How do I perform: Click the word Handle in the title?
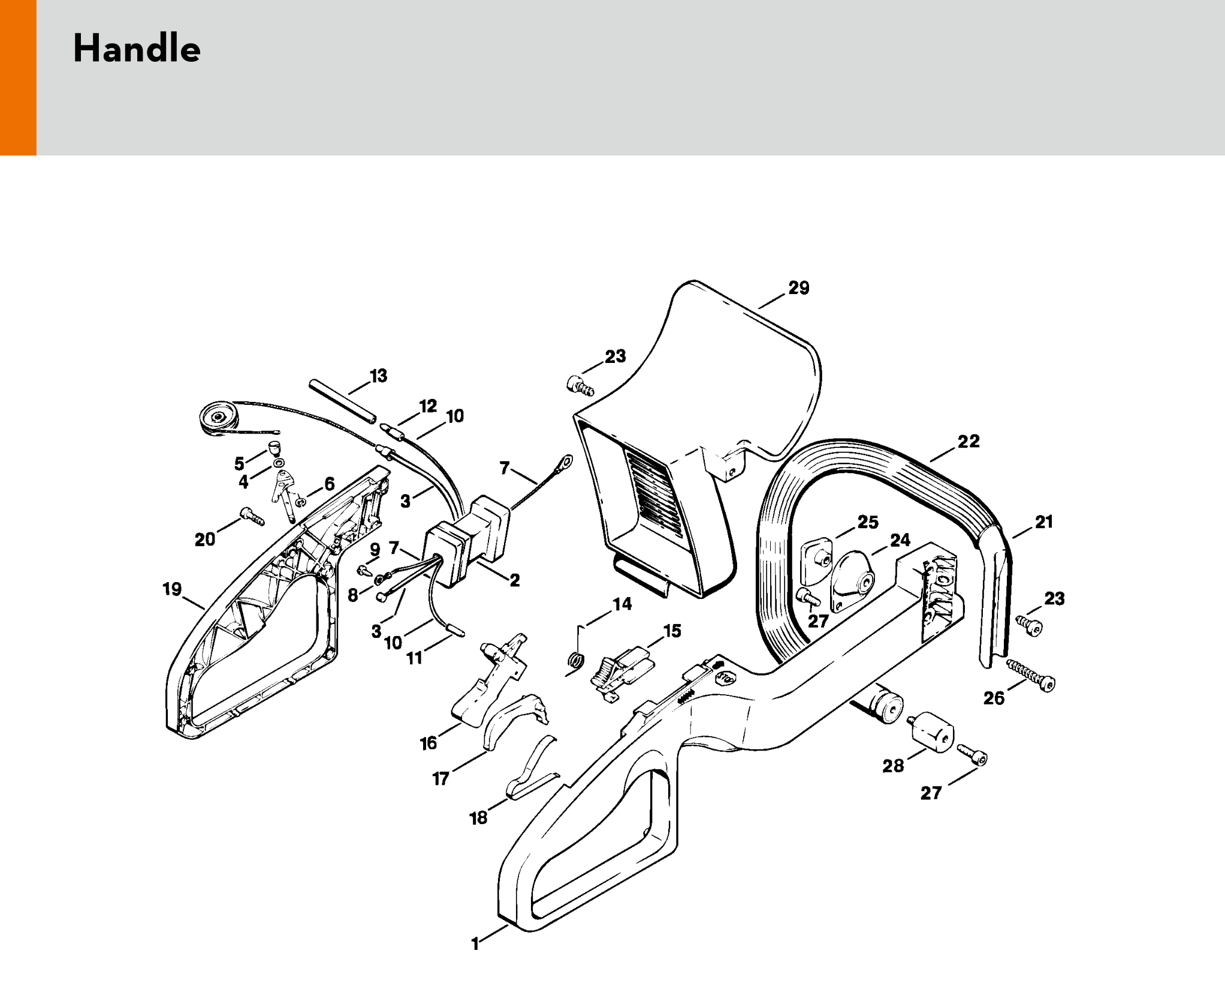[137, 49]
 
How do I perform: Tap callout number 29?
[799, 288]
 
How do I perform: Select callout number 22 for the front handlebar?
[968, 441]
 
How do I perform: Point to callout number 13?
[378, 376]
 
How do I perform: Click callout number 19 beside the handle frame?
[172, 589]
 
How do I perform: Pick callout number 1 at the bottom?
[475, 944]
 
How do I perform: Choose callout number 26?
[994, 698]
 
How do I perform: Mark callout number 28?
[893, 766]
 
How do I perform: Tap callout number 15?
[672, 631]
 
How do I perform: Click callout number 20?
[205, 540]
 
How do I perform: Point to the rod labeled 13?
[342, 401]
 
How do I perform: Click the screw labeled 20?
[252, 517]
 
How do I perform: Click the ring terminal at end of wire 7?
[565, 462]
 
